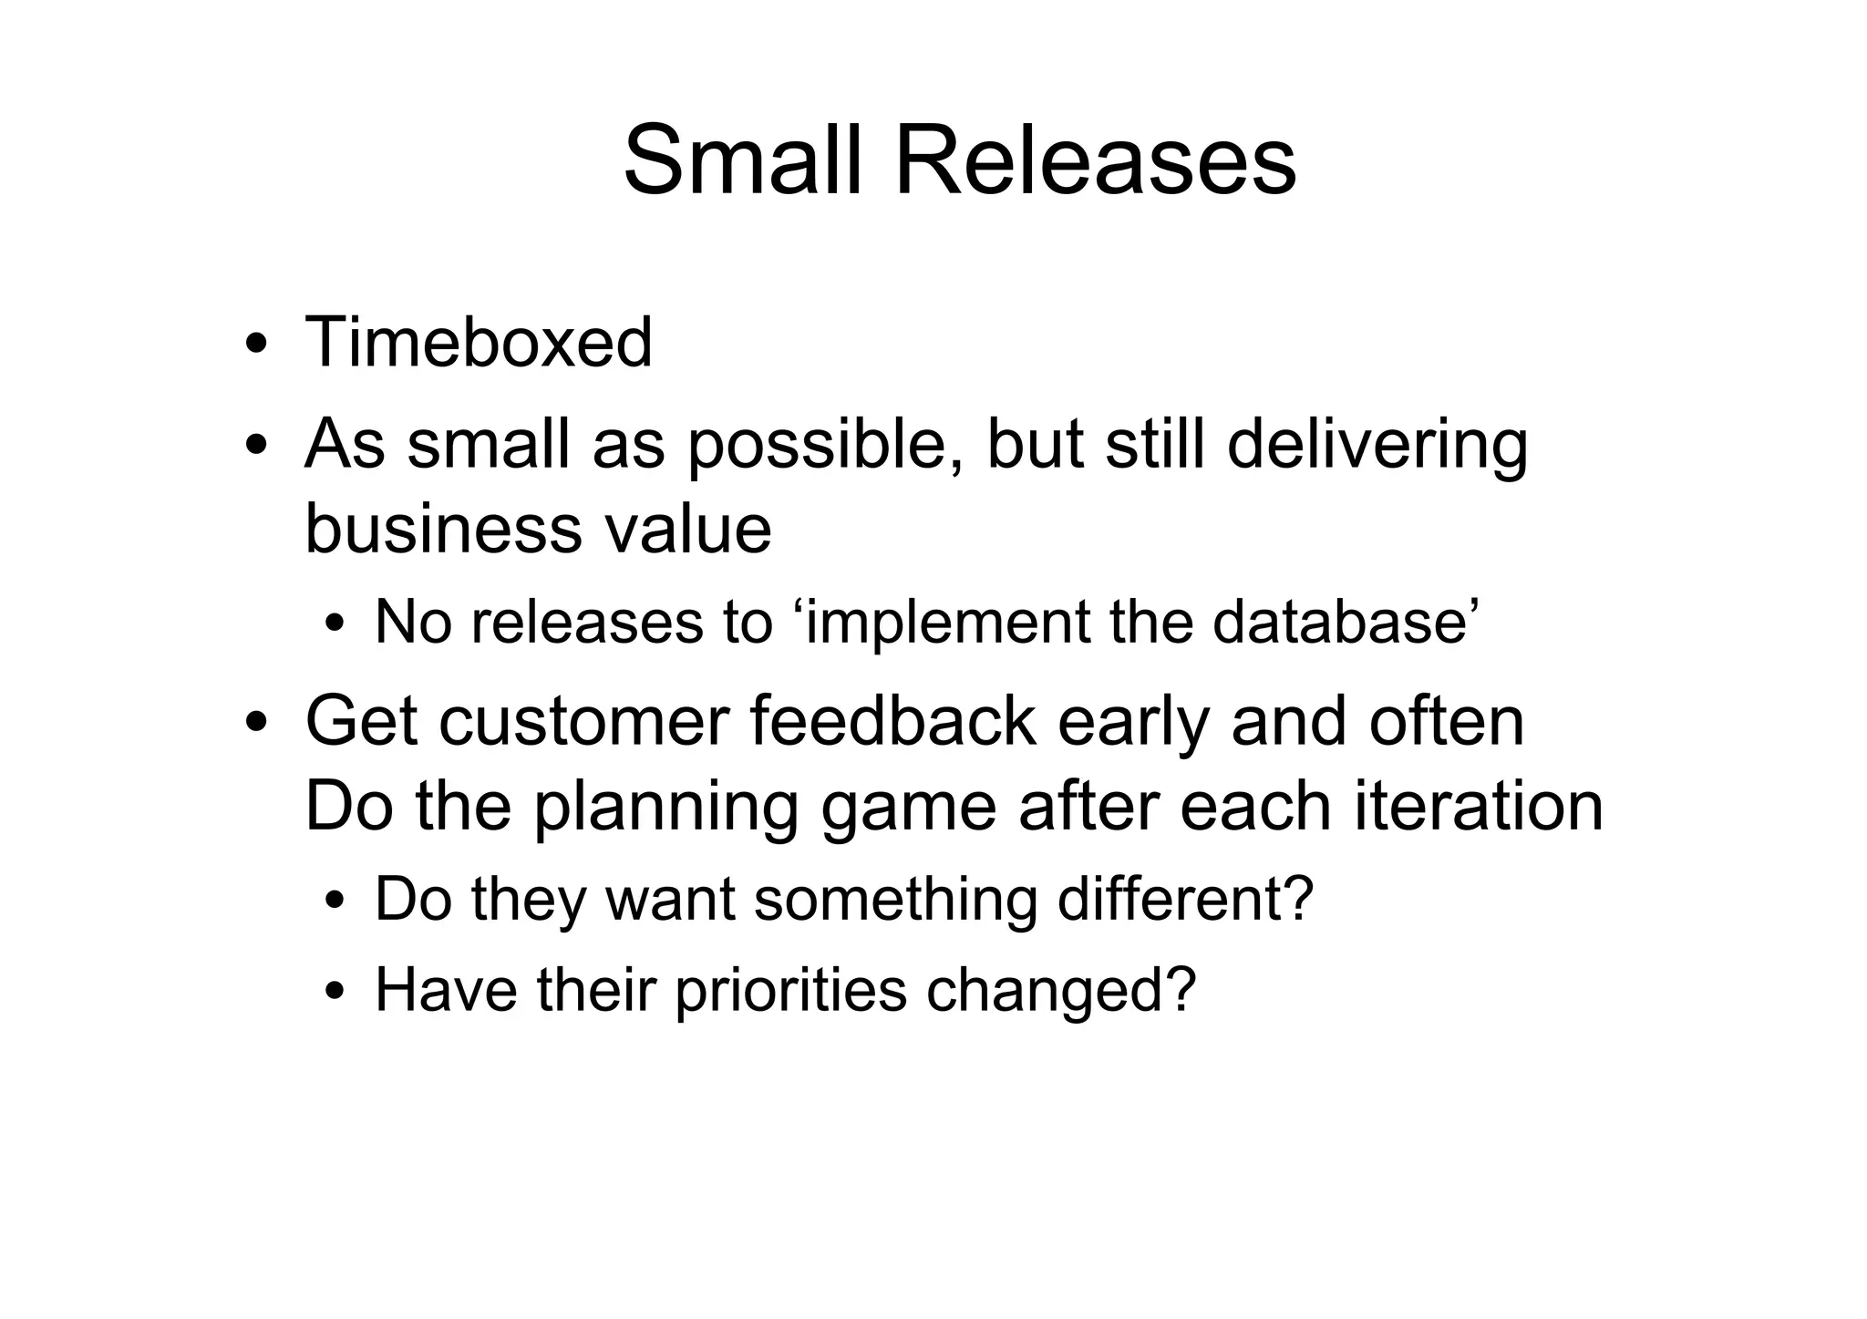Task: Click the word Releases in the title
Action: [1095, 162]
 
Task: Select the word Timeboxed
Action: [479, 343]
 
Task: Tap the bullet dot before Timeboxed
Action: [257, 346]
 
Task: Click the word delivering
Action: [1377, 447]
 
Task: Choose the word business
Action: [442, 530]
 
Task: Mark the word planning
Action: [666, 809]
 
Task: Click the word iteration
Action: [1479, 807]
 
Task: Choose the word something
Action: [896, 900]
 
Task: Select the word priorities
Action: [790, 991]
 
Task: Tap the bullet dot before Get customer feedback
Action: [257, 724]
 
